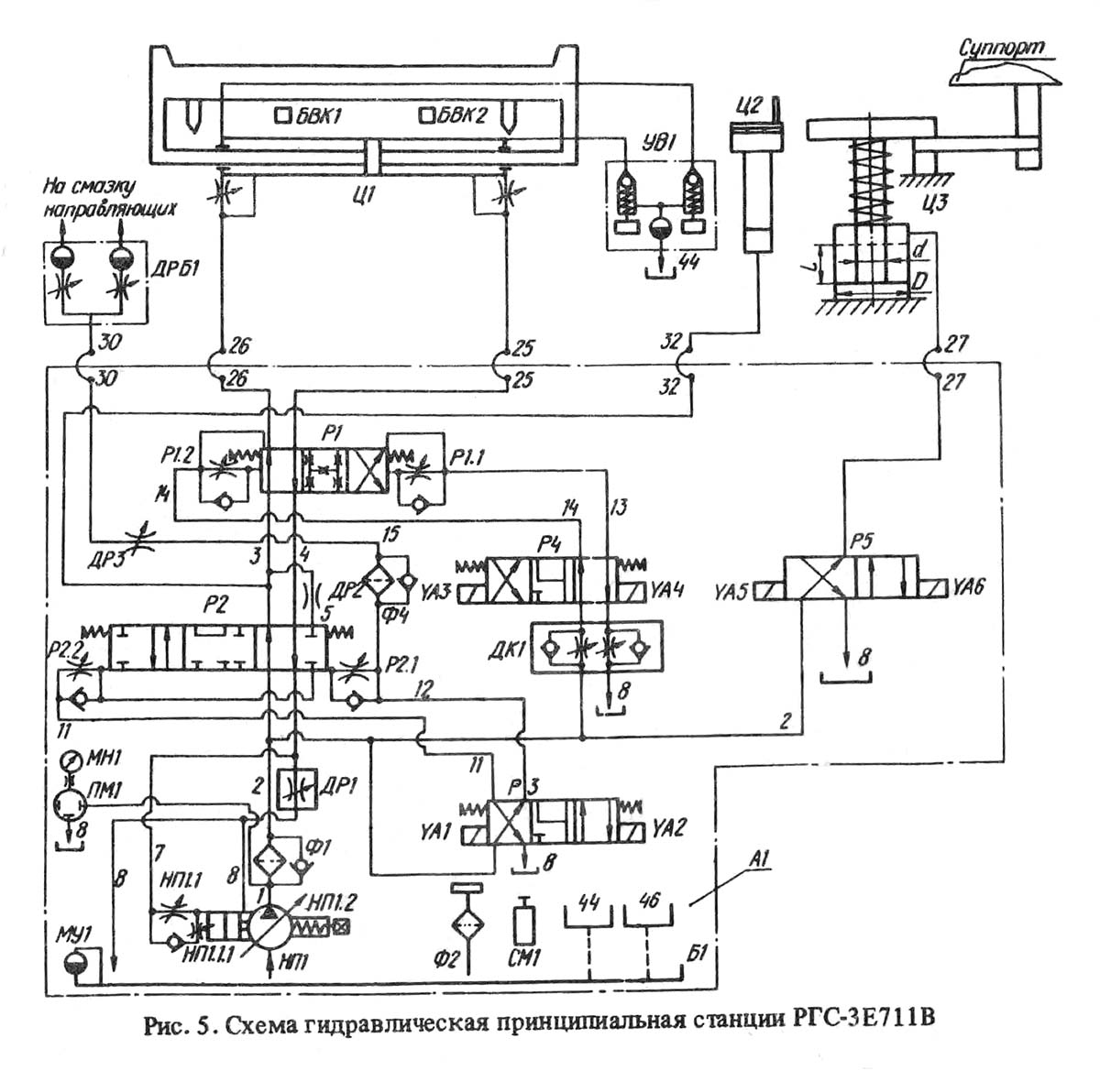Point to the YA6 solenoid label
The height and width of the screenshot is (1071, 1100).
968,587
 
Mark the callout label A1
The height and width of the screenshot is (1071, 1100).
758,859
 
